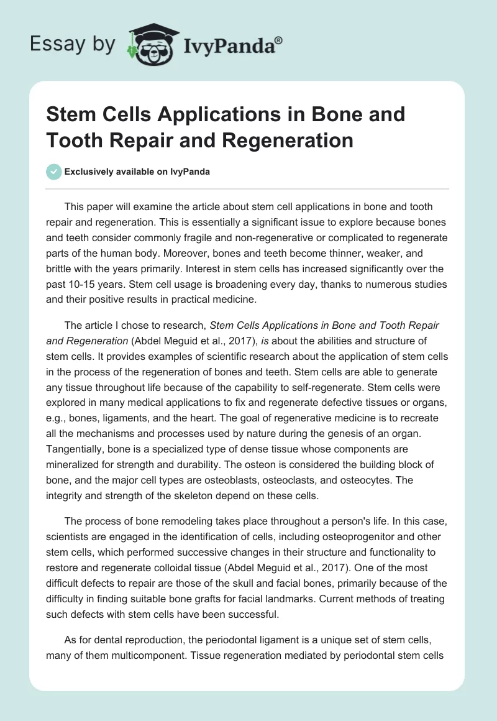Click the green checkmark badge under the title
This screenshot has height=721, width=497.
tap(54, 172)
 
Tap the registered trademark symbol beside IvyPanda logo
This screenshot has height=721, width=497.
tap(279, 40)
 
